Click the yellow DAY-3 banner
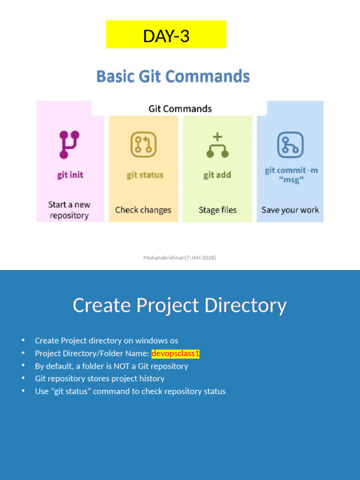click(x=166, y=35)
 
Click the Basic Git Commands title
click(x=173, y=76)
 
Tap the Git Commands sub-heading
click(x=180, y=109)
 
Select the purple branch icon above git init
click(x=69, y=144)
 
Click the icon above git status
click(x=143, y=144)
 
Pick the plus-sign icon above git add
click(x=217, y=145)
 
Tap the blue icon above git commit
click(x=290, y=145)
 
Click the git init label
click(x=70, y=175)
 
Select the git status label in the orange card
click(x=145, y=175)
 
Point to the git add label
click(x=217, y=175)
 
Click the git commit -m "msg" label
click(x=291, y=175)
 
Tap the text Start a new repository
click(x=69, y=210)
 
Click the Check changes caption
click(x=143, y=210)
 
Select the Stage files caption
click(x=217, y=210)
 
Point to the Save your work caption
click(x=290, y=210)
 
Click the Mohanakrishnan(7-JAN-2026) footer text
click(x=180, y=257)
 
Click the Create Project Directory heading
click(x=180, y=306)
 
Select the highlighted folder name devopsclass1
click(x=175, y=353)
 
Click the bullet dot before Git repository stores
click(x=23, y=378)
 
